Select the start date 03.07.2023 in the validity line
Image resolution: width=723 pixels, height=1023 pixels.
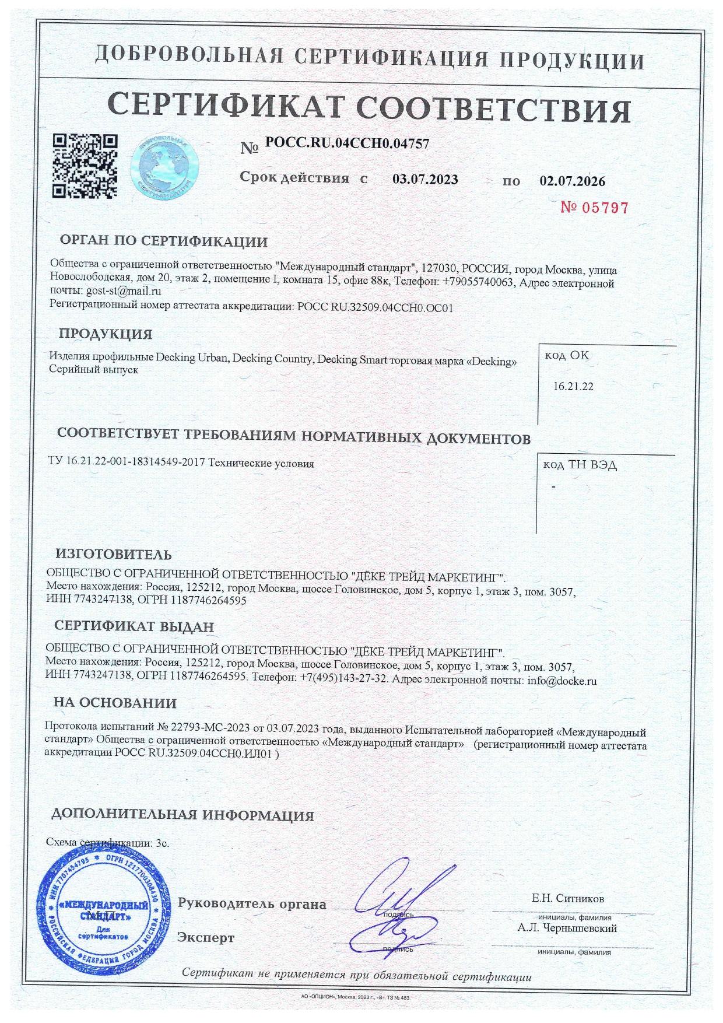pyautogui.click(x=425, y=179)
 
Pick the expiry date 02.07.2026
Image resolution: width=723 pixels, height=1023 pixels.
pyautogui.click(x=572, y=181)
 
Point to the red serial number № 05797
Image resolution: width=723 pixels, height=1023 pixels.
pyautogui.click(x=594, y=208)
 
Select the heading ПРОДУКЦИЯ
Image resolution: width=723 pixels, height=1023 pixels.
pyautogui.click(x=105, y=334)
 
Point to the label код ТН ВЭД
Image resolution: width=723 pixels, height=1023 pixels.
pyautogui.click(x=580, y=465)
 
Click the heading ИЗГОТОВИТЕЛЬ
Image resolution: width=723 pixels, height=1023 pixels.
pyautogui.click(x=114, y=554)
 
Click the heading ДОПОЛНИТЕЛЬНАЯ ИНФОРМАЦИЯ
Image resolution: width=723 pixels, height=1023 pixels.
pyautogui.click(x=182, y=815)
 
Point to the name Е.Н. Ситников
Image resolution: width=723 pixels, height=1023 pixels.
pyautogui.click(x=568, y=898)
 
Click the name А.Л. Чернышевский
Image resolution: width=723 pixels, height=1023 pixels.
pyautogui.click(x=567, y=928)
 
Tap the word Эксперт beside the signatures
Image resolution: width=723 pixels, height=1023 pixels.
pyautogui.click(x=206, y=937)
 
